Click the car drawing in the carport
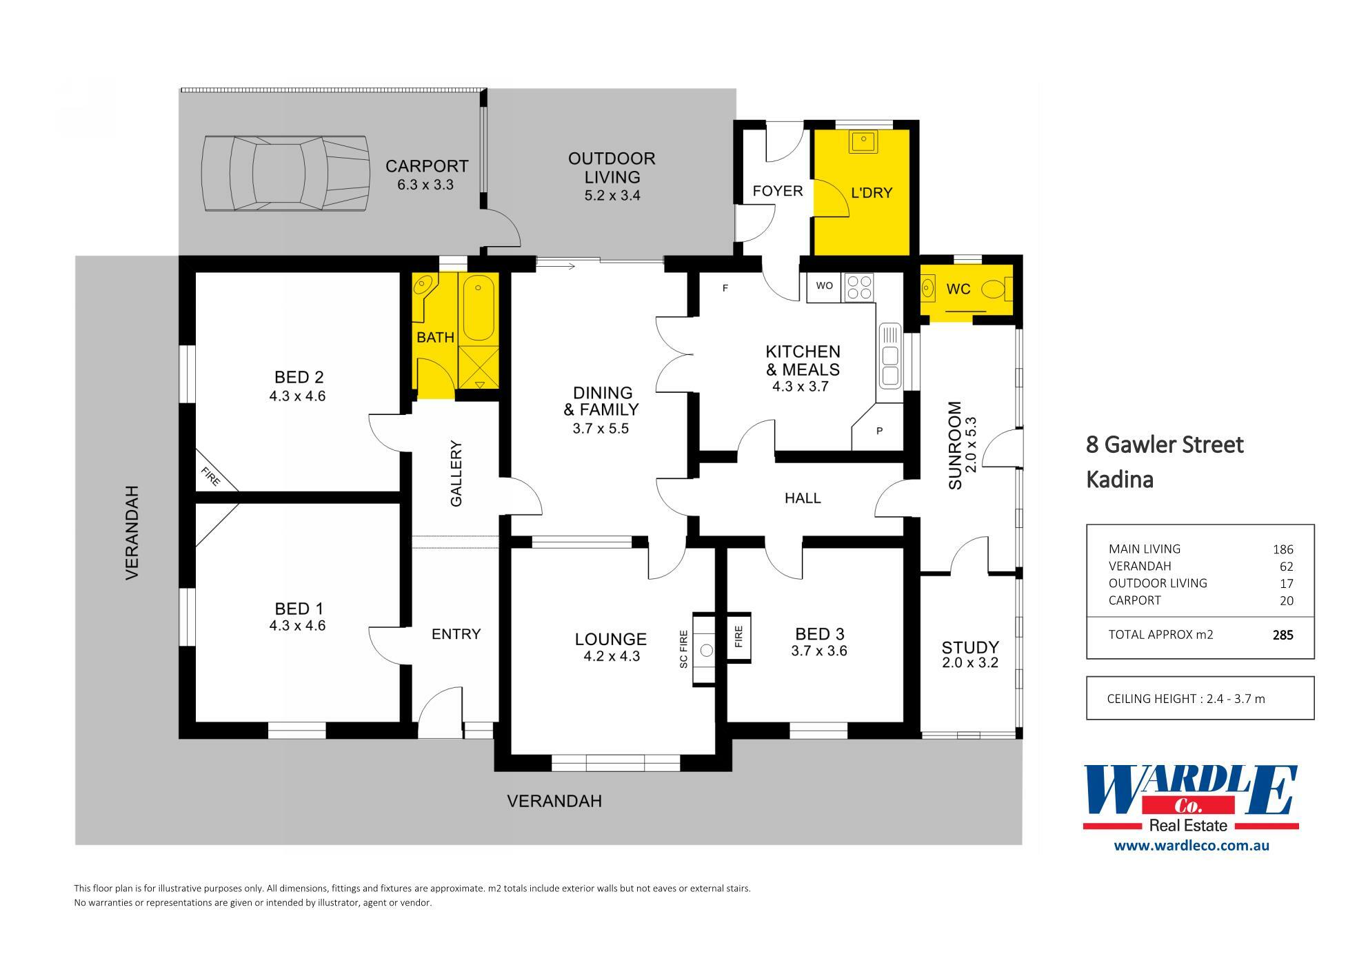(283, 174)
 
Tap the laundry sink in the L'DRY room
(863, 142)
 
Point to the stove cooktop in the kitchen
(859, 286)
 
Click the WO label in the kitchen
(824, 285)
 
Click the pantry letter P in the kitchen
(879, 431)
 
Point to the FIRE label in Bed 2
(210, 476)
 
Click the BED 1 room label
(299, 609)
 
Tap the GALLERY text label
(456, 474)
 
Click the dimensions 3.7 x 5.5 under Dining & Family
(600, 429)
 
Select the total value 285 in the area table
(1282, 635)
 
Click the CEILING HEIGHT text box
(1199, 698)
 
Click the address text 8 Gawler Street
(1165, 445)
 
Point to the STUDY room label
(970, 647)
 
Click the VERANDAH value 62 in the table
(1286, 567)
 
